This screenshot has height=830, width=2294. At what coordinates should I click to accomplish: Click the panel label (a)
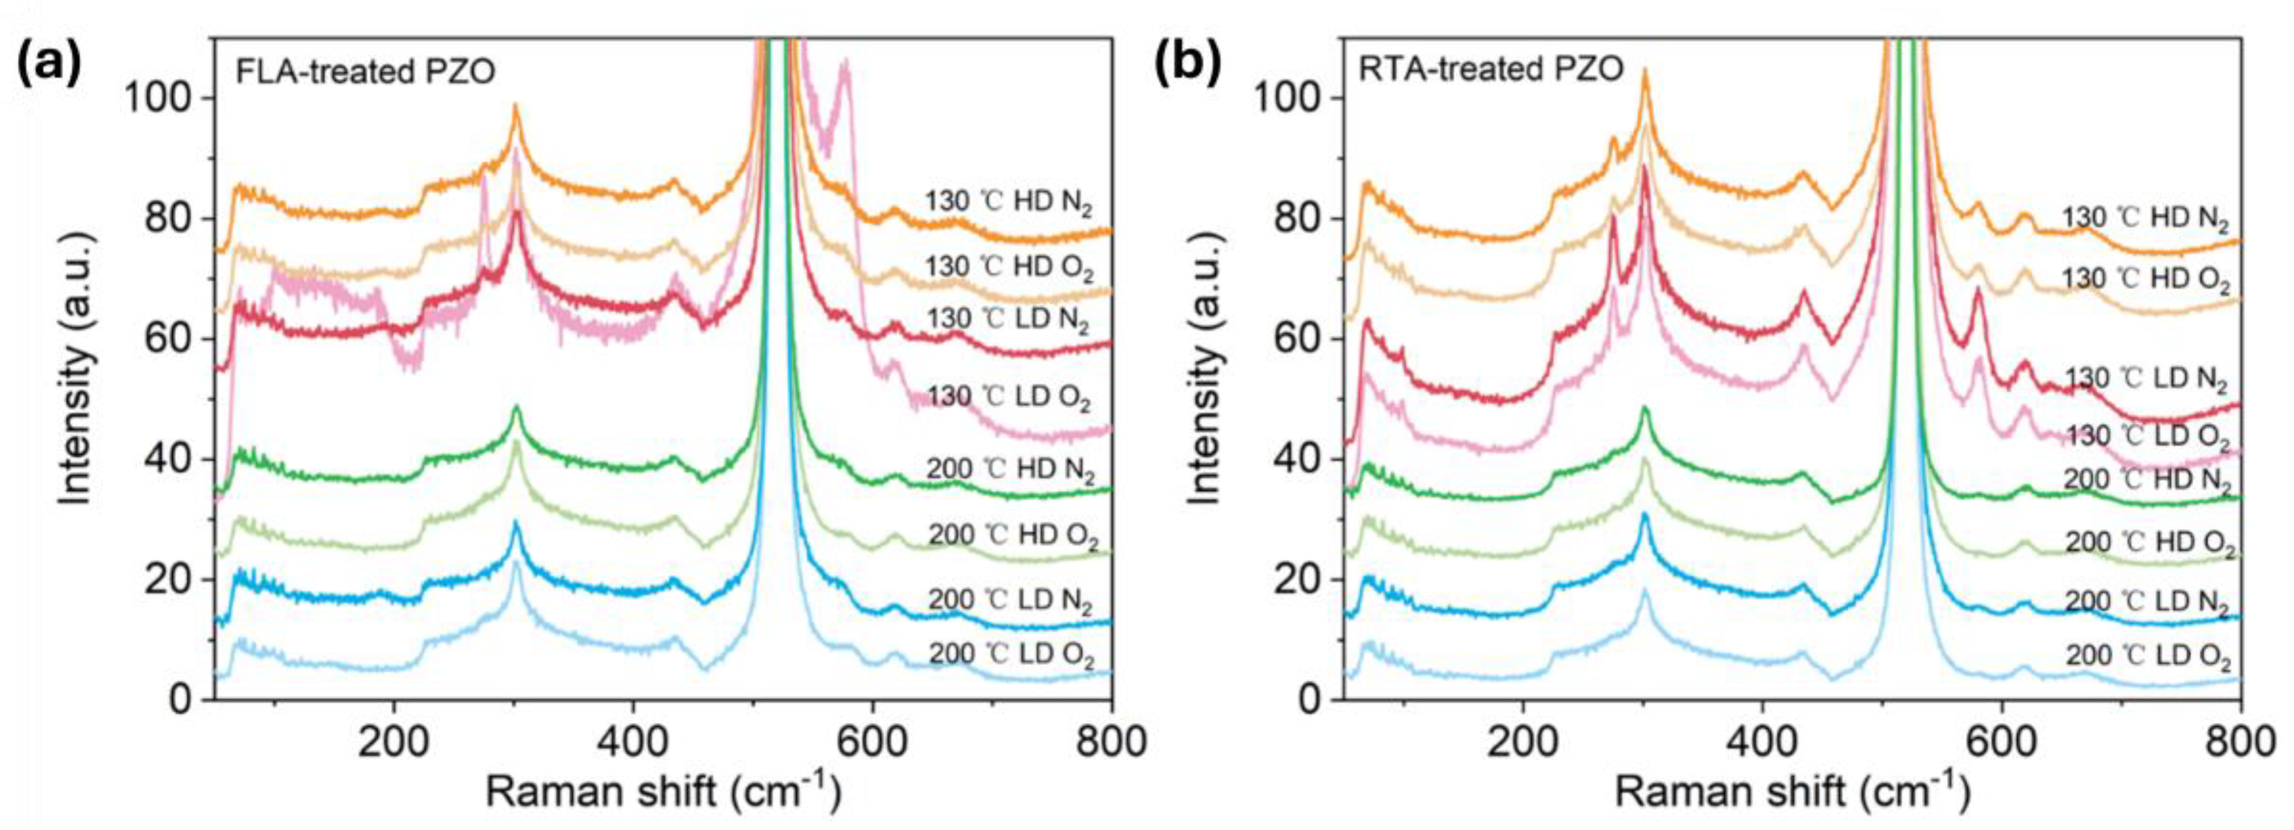pos(49,64)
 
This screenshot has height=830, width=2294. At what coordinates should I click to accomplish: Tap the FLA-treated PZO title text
pos(365,70)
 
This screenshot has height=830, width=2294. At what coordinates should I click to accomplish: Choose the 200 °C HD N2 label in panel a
pos(1010,469)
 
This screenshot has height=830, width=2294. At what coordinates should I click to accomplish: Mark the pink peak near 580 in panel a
pos(844,64)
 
